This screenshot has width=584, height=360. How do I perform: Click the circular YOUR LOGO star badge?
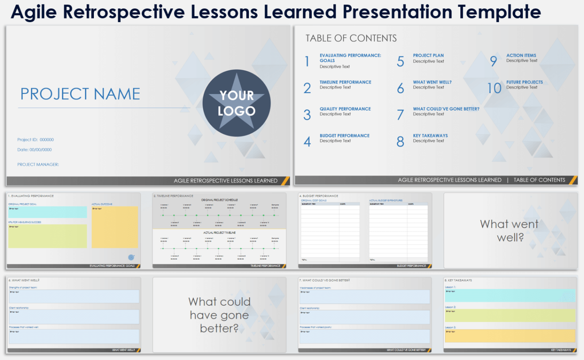point(236,103)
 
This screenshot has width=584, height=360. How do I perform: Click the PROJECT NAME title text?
point(80,94)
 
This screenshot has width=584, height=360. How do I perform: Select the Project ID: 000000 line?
point(35,140)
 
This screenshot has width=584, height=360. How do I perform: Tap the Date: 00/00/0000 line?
point(35,150)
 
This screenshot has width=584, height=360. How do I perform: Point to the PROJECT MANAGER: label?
point(38,164)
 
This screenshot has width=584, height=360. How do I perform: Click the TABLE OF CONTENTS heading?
point(351,38)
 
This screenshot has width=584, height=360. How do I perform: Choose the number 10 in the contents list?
point(494,88)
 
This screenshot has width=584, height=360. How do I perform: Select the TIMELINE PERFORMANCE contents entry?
point(345,82)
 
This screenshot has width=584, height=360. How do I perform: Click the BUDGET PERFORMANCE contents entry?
point(344,136)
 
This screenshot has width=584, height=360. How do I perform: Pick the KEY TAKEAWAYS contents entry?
point(430,136)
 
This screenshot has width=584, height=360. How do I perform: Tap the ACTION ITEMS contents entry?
point(521,56)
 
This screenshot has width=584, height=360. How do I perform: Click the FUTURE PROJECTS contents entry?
point(524,82)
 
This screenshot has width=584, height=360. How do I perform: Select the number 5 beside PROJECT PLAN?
point(400,62)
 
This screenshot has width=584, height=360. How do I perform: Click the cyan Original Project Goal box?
point(47,213)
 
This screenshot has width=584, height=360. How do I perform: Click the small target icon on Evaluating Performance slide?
point(131,258)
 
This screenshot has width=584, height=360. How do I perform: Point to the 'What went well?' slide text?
point(509,230)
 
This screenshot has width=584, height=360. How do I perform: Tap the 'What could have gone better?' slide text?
point(219,315)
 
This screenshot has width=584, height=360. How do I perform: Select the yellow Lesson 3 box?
point(509,336)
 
